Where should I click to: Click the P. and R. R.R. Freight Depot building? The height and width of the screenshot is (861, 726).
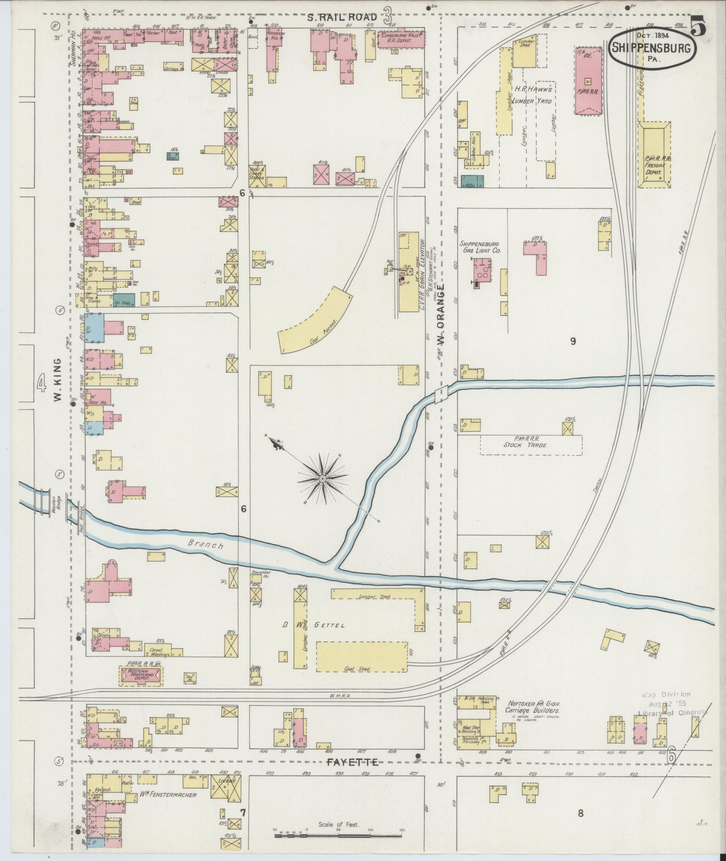654,154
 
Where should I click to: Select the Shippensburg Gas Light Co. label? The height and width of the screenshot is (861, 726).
479,247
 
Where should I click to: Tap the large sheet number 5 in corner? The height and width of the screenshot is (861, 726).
697,26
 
